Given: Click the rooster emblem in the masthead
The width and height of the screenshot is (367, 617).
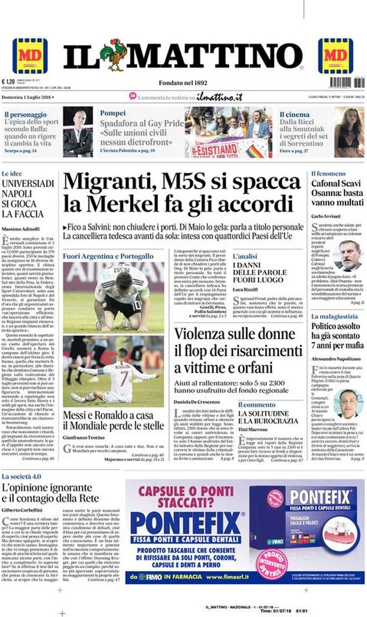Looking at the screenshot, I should point(117,54).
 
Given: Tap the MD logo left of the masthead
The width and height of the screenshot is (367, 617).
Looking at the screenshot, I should point(30,55).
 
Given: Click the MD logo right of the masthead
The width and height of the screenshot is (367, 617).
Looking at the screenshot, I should point(335,55).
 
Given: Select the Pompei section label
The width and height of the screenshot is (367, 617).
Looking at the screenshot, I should point(113,113).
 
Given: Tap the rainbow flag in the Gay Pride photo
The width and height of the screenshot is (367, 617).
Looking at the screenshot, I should point(256,150).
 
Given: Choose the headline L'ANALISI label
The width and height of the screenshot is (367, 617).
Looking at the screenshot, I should point(244,257).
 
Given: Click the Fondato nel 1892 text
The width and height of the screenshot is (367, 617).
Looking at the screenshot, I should point(183,83).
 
